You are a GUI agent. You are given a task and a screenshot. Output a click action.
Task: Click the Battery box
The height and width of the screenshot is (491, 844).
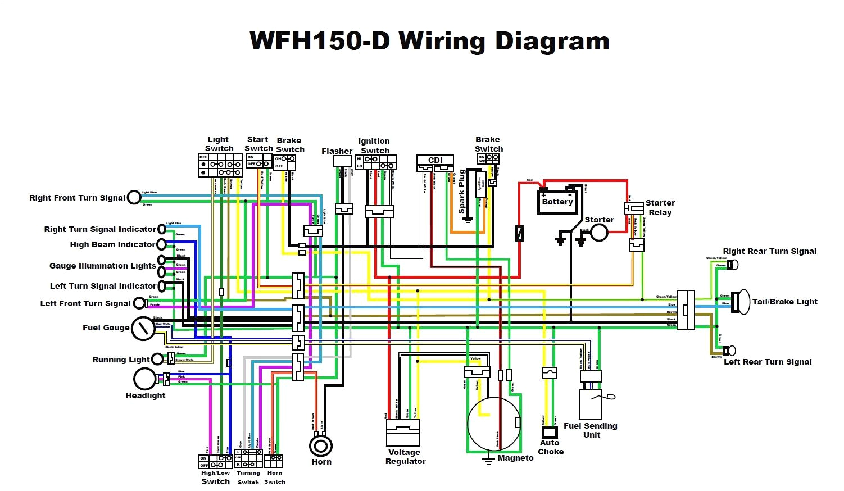pos(557,202)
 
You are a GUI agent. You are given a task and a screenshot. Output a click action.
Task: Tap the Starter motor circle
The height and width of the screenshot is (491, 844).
pos(599,232)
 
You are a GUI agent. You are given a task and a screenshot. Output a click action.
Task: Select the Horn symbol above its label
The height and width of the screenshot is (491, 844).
pos(321,446)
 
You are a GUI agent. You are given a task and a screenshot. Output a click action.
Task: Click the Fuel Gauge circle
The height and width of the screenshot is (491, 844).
pos(143,329)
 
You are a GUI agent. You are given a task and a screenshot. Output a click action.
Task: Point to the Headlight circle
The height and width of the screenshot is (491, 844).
pos(144,379)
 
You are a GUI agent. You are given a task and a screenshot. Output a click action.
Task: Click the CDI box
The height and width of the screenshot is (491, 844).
pos(435,160)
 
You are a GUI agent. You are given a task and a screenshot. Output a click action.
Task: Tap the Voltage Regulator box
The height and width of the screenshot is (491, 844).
pos(403,433)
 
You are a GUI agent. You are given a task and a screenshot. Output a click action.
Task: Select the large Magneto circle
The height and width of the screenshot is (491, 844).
pos(494,424)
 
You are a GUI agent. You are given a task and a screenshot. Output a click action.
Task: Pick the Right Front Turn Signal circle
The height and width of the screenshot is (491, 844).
pos(134,197)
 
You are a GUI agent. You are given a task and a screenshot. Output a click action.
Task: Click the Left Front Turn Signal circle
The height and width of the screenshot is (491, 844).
pos(139,303)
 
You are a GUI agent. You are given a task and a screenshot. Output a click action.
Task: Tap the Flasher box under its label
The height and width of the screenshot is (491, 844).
pos(342,161)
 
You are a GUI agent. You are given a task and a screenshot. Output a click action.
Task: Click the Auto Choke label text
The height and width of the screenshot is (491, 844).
pos(550,447)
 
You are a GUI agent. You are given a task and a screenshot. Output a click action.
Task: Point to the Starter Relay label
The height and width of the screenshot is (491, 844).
pos(660,207)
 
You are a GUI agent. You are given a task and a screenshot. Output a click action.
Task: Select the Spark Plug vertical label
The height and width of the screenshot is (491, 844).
pos(462,192)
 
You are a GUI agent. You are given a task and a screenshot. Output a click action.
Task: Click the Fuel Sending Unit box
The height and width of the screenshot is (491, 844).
pos(590,403)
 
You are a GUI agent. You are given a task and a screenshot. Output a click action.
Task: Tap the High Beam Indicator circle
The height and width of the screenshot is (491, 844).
pos(161,244)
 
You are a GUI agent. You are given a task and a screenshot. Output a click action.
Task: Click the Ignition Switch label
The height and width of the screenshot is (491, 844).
pos(374,146)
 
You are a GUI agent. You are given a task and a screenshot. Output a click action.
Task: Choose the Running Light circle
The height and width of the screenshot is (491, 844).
pos(157,360)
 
